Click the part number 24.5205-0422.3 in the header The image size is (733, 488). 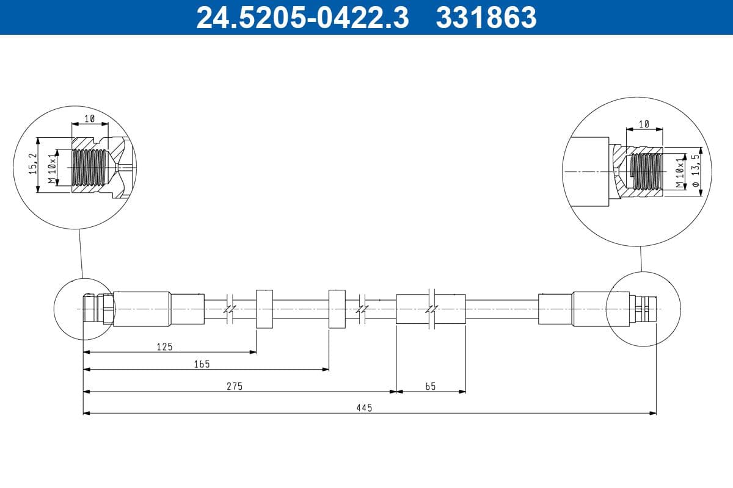(302, 17)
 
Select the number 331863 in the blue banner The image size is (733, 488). (486, 17)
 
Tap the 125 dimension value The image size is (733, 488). (164, 346)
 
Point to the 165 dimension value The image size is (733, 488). (202, 364)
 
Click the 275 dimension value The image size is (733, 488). (235, 386)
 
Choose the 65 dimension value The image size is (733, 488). (430, 386)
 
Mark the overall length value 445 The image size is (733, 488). (365, 407)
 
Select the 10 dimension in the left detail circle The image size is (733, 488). (89, 119)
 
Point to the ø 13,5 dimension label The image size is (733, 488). (695, 170)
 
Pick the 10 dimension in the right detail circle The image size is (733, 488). (644, 124)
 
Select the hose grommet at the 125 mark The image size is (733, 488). (264, 309)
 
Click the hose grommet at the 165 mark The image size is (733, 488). (337, 309)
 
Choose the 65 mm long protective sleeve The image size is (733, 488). (415, 309)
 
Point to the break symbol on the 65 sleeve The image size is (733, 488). (432, 309)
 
